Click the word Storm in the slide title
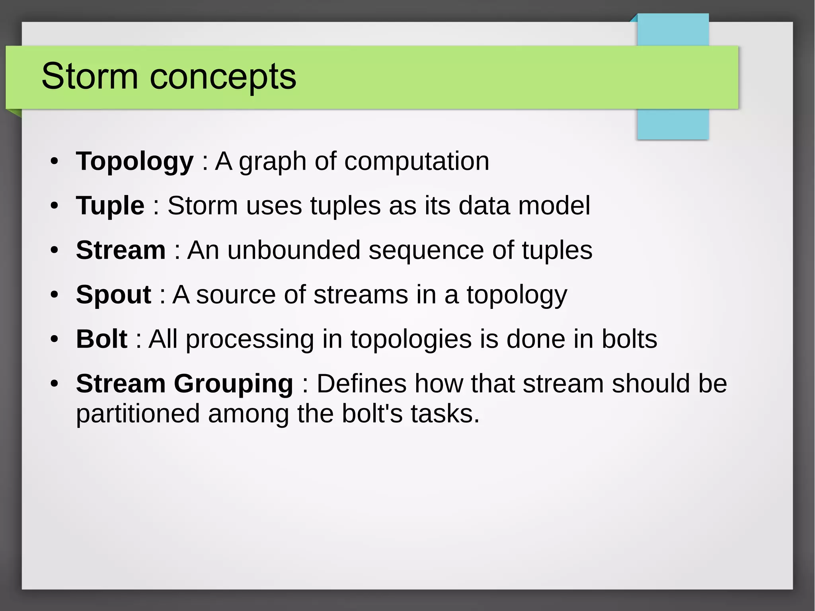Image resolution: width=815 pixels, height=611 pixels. point(90,76)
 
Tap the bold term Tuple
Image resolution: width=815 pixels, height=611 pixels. point(110,206)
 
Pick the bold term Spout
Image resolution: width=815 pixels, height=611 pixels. point(113,295)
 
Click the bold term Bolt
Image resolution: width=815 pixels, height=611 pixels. point(101,339)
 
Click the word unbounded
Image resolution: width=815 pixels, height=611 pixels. point(294,250)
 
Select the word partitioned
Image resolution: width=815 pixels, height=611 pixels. point(138,414)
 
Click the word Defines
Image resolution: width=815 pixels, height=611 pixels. point(361,384)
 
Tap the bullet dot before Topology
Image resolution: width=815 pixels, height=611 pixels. point(55,162)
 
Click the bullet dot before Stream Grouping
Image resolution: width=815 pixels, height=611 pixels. point(55,384)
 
